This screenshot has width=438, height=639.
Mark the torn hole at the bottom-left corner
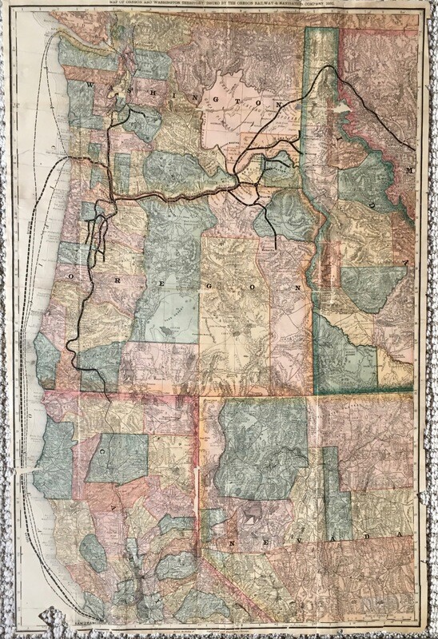[x=50, y=616]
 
